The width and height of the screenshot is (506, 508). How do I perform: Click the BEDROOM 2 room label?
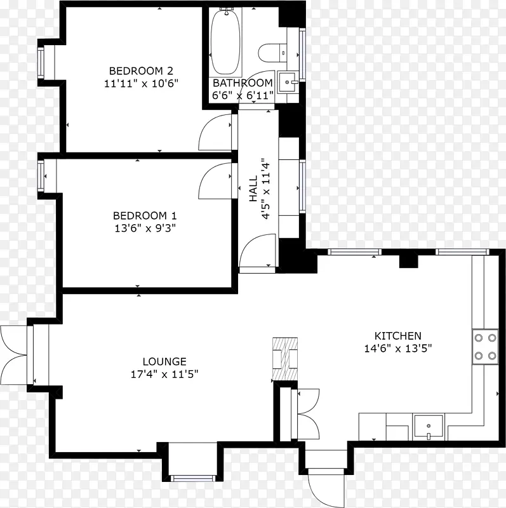tap(141, 70)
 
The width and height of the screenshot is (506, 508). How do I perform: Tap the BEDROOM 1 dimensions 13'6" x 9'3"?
tap(145, 229)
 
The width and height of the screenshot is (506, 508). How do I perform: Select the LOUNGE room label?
tap(164, 361)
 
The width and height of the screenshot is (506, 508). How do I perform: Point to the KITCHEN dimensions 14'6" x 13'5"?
tap(398, 349)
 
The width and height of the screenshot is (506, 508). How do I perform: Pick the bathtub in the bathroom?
tap(226, 41)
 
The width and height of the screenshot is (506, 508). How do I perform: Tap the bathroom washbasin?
tap(288, 83)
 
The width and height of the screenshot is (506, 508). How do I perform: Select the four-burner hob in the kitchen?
tap(485, 347)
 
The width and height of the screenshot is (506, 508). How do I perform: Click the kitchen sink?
tap(429, 427)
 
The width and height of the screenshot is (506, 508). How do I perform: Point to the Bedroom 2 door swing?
tap(215, 132)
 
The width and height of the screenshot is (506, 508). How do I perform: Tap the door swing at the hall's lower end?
tap(258, 251)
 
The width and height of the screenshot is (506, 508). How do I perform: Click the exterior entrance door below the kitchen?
tap(325, 488)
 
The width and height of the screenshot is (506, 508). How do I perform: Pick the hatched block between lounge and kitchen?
tap(285, 359)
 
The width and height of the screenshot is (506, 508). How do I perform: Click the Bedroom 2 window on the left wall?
tap(41, 62)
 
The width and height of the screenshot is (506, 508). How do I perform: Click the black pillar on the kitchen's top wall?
tap(408, 262)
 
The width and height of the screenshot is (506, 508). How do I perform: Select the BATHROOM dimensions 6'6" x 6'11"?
tap(243, 96)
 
